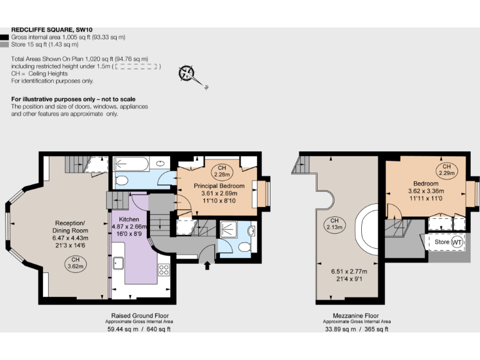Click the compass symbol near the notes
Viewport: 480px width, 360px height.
pos(187,73)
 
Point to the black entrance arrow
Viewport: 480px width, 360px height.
pos(207,266)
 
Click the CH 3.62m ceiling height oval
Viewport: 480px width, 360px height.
pos(75,263)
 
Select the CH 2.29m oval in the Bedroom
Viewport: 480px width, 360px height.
pos(446,169)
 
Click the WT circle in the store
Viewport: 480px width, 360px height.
pos(457,241)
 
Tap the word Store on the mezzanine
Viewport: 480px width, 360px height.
pos(441,241)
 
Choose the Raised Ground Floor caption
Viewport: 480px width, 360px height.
pos(139,316)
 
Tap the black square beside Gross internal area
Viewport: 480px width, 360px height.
pos(5,37)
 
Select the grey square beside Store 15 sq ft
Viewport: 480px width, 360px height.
pos(5,44)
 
